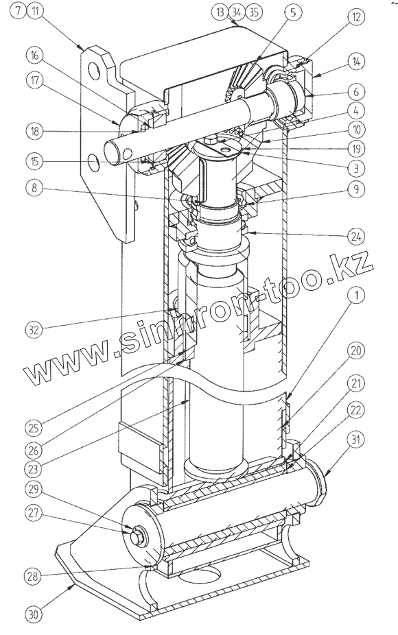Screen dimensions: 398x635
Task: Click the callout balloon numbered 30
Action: (34, 615)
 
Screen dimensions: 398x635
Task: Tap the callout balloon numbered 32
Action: (34, 329)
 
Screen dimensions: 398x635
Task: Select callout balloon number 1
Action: (356, 296)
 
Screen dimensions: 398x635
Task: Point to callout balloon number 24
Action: (356, 236)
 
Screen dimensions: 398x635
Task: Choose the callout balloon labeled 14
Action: (356, 62)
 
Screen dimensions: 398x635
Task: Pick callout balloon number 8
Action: (34, 189)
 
